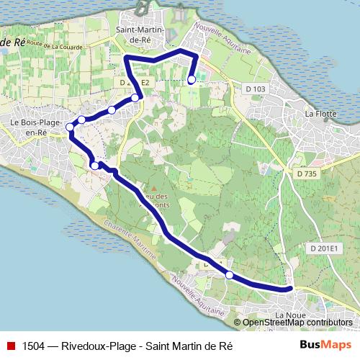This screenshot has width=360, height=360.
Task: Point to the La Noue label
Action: [x=291, y=316]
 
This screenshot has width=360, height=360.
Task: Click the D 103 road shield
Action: [x=255, y=89]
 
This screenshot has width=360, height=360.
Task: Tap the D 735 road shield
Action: [x=307, y=173]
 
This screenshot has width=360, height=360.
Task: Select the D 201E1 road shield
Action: [x=324, y=248]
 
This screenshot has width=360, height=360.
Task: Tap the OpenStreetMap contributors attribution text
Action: [x=292, y=323]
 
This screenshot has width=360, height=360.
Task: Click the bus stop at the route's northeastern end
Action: [x=192, y=80]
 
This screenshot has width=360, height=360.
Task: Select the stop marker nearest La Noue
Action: [x=229, y=274]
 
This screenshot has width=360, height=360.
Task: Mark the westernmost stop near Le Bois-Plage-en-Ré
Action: [x=70, y=127]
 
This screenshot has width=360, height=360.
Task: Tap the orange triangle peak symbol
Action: [x=153, y=189]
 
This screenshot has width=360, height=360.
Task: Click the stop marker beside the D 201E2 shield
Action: [x=135, y=97]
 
